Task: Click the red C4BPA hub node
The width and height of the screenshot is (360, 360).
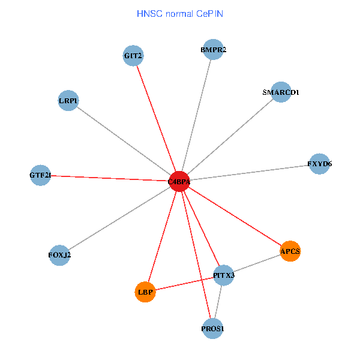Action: (179, 181)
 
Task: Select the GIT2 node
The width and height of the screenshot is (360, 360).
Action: (133, 56)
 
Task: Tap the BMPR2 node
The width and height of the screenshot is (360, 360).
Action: (213, 50)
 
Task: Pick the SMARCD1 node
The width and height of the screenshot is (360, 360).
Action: (280, 92)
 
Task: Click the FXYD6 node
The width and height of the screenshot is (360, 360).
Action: (319, 164)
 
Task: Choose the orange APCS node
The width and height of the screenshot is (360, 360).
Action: (290, 251)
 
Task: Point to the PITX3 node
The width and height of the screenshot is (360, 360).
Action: (224, 275)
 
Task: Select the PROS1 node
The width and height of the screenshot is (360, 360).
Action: (213, 328)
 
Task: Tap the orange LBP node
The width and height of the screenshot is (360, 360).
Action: (145, 292)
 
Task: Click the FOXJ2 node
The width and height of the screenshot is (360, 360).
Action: (59, 255)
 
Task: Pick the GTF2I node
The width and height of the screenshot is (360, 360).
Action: (40, 175)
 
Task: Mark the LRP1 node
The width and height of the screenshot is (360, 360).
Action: (68, 100)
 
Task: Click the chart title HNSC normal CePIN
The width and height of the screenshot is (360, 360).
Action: (180, 13)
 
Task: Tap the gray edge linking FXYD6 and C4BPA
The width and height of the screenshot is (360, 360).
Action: (249, 173)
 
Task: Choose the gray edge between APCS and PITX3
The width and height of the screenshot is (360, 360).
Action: (257, 263)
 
